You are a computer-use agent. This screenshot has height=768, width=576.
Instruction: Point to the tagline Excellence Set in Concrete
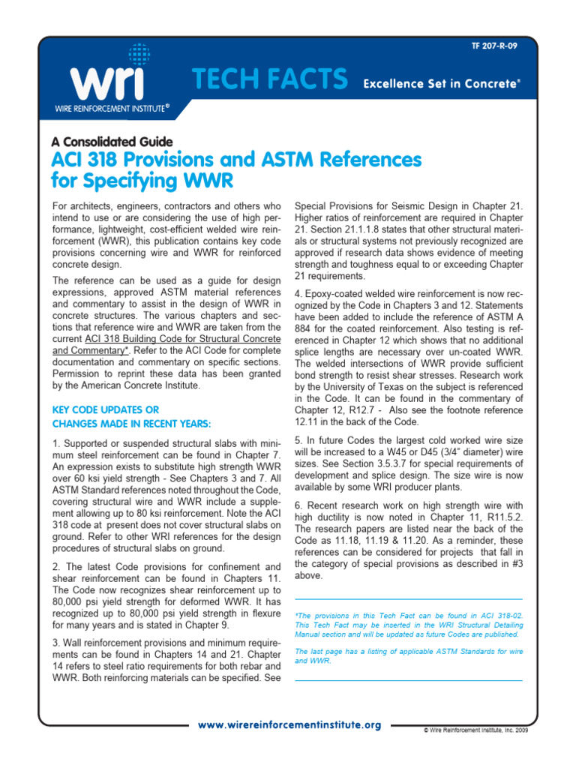pyautogui.click(x=442, y=83)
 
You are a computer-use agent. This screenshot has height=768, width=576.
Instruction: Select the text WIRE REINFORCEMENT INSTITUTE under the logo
pyautogui.click(x=110, y=109)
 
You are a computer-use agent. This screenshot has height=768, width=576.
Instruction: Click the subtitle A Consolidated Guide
pyautogui.click(x=112, y=142)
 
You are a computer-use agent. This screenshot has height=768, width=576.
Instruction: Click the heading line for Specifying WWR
pyautogui.click(x=142, y=181)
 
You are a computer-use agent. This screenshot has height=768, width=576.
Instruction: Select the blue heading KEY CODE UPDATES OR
pyautogui.click(x=105, y=409)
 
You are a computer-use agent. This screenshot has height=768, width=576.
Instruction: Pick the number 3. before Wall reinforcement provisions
pyautogui.click(x=57, y=643)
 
